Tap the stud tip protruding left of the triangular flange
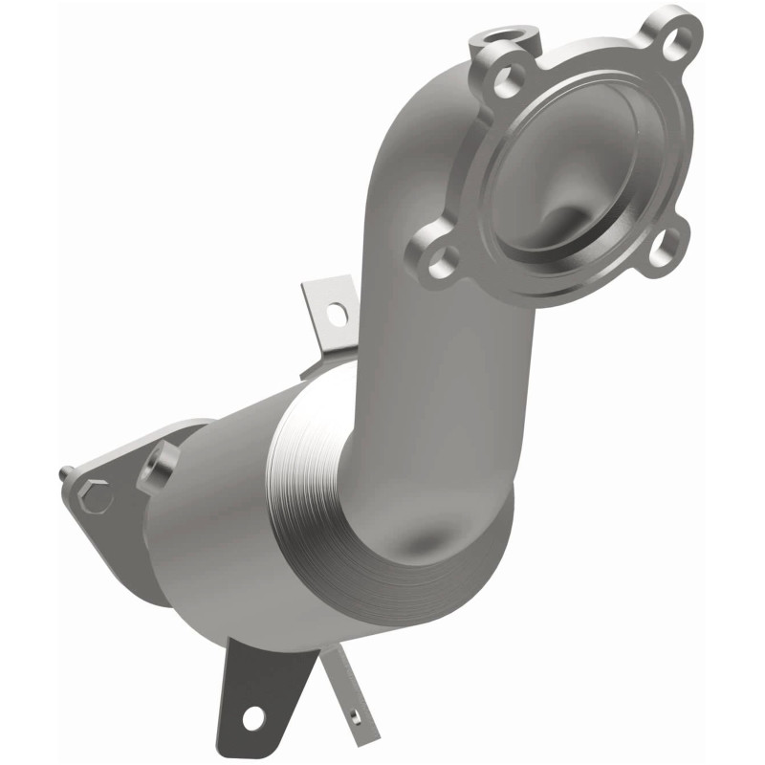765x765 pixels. click(63, 472)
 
